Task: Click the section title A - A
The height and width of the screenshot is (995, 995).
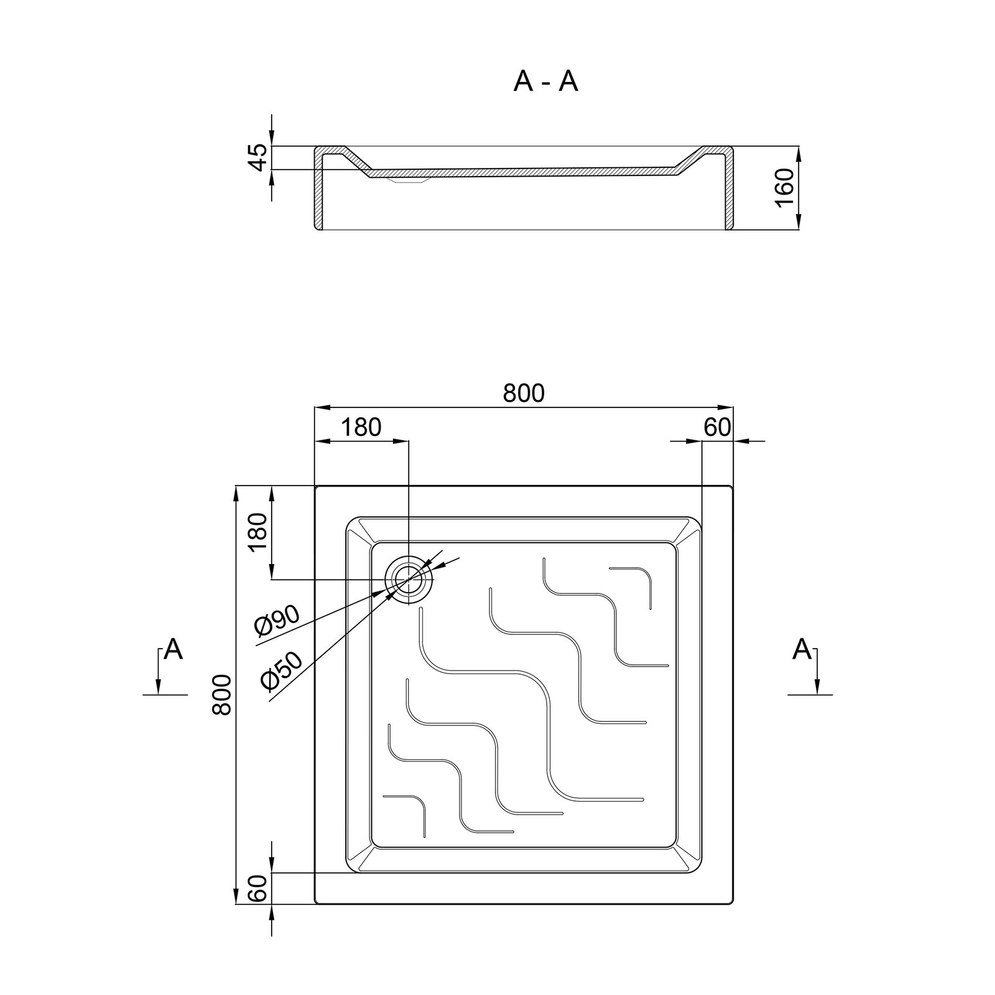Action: (545, 81)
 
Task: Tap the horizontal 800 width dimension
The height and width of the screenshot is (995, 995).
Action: (523, 393)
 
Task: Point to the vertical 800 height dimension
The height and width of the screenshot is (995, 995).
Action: (222, 695)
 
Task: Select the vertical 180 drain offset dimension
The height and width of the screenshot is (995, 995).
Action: (257, 533)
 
